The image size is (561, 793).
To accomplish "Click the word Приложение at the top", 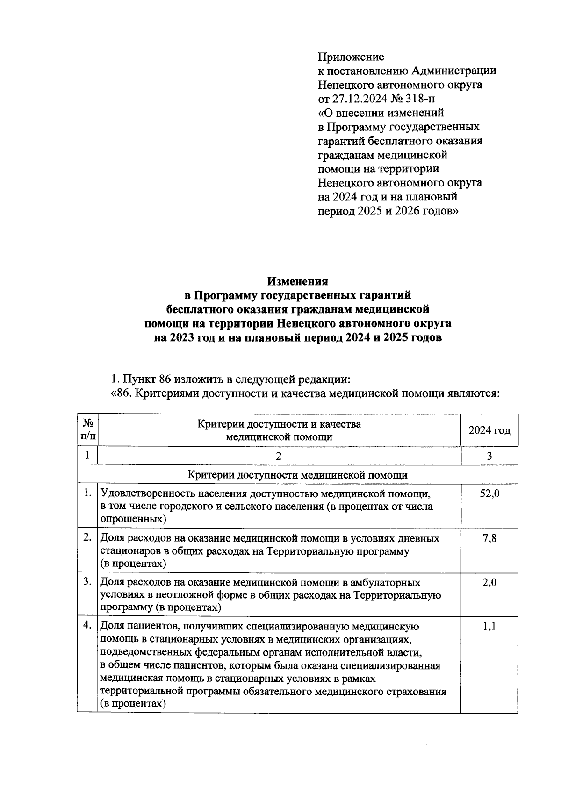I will [x=351, y=57].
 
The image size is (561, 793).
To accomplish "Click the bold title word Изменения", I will [x=297, y=281].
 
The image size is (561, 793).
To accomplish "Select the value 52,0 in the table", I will [x=489, y=493].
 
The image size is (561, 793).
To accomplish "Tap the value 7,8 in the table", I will [x=489, y=538].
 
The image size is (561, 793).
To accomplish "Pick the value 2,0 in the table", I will [x=489, y=582].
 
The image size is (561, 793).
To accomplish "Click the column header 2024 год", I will [x=489, y=430].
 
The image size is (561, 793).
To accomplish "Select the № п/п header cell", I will [x=88, y=430].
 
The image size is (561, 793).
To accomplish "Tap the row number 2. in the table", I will [x=87, y=538].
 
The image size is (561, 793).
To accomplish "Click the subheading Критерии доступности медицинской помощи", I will [x=297, y=475].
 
